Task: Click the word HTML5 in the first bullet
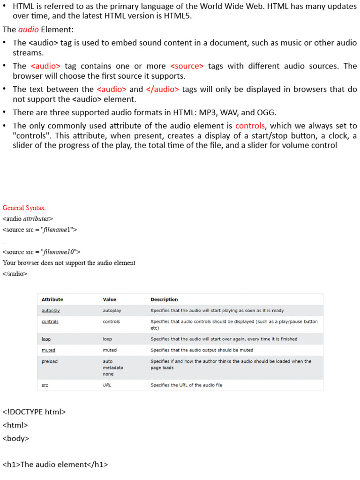point(179,16)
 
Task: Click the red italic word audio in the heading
point(29,30)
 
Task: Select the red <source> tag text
point(187,66)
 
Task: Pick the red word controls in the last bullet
point(250,126)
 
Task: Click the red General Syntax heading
point(24,208)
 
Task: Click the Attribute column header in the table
point(52,300)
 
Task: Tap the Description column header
point(164,300)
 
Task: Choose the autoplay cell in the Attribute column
point(51,310)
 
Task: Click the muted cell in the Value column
point(110,350)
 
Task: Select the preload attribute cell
point(50,361)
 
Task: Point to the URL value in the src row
point(107,385)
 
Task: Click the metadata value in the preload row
point(113,367)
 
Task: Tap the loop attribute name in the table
point(46,339)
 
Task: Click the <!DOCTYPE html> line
point(34,412)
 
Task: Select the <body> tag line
point(16,439)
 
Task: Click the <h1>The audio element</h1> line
point(55,465)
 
